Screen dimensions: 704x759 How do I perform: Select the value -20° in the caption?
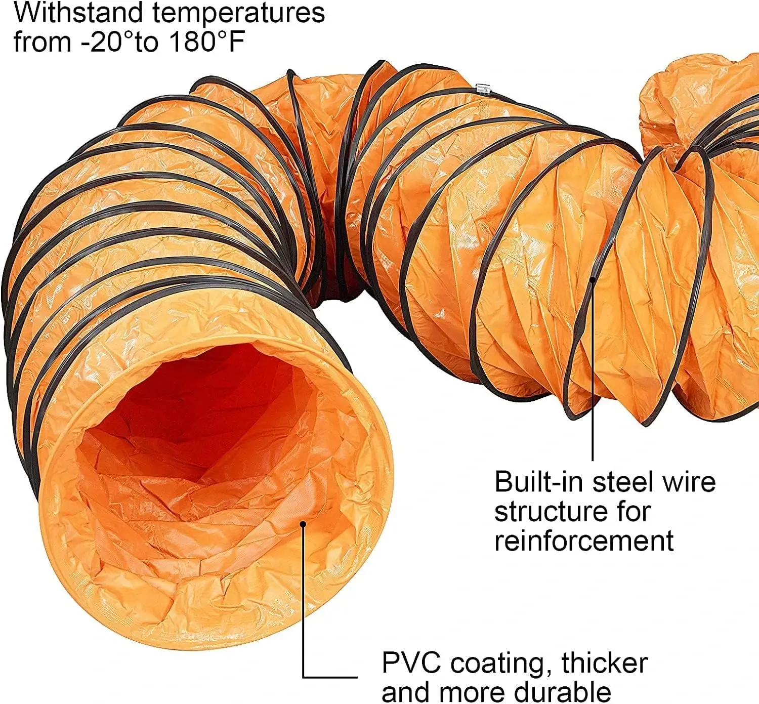pyautogui.click(x=107, y=42)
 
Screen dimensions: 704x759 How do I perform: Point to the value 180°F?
pyautogui.click(x=206, y=42)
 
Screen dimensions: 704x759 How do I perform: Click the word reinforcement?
pyautogui.click(x=584, y=541)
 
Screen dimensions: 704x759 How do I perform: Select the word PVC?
pyautogui.click(x=411, y=662)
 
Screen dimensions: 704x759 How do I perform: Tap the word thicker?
pyautogui.click(x=604, y=662)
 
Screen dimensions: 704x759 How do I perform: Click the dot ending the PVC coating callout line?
pyautogui.click(x=303, y=524)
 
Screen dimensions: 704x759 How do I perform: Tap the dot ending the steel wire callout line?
pyautogui.click(x=593, y=279)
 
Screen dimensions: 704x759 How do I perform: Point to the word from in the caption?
pyautogui.click(x=43, y=42)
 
